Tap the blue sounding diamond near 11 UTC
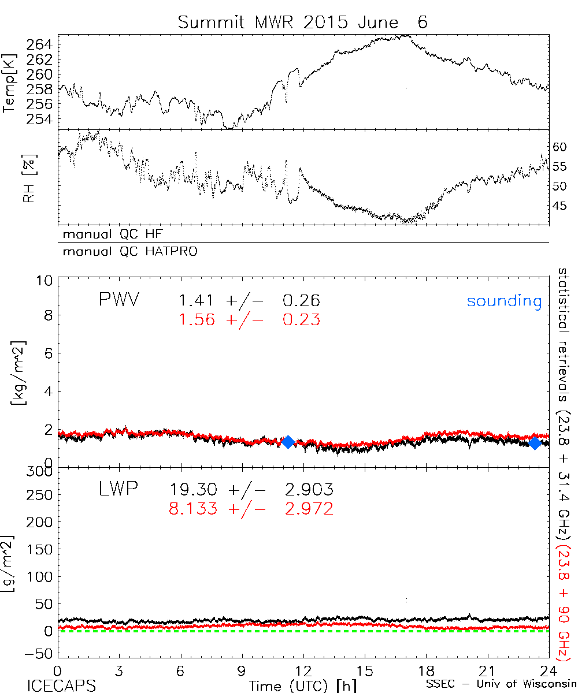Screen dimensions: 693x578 pyautogui.click(x=288, y=442)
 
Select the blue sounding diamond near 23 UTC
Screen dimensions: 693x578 pyautogui.click(x=535, y=443)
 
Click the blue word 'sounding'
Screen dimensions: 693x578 pyautogui.click(x=505, y=301)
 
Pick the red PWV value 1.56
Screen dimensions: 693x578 pyautogui.click(x=196, y=320)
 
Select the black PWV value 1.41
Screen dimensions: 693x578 pyautogui.click(x=196, y=301)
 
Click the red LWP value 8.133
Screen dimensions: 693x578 pyautogui.click(x=194, y=509)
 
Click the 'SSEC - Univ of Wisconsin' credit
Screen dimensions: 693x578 pyautogui.click(x=501, y=685)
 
